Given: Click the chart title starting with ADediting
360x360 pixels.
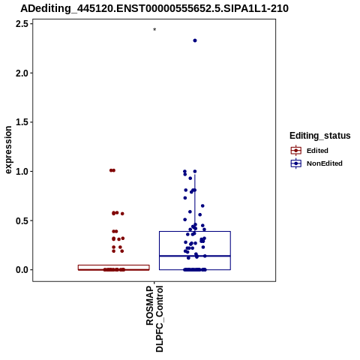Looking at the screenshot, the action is pyautogui.click(x=154, y=8).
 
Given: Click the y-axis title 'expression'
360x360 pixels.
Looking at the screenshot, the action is pyautogui.click(x=8, y=150).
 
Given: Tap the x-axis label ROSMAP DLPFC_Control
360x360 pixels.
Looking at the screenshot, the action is pyautogui.click(x=154, y=319).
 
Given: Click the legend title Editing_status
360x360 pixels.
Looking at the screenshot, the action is pyautogui.click(x=320, y=136).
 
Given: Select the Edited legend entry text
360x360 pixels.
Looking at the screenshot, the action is pyautogui.click(x=317, y=151).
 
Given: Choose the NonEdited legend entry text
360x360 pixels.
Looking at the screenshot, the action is pyautogui.click(x=325, y=163).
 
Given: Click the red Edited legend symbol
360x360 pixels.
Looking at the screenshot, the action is pyautogui.click(x=296, y=151).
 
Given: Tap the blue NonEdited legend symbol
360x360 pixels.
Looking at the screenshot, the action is pyautogui.click(x=296, y=163).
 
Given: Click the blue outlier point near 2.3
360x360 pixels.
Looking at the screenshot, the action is pyautogui.click(x=195, y=40).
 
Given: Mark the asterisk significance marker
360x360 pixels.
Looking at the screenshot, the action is pyautogui.click(x=154, y=29).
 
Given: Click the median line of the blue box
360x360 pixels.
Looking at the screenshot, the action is pyautogui.click(x=195, y=256).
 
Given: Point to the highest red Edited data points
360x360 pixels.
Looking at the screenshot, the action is pyautogui.click(x=112, y=170).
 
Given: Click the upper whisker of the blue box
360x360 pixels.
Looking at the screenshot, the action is pyautogui.click(x=195, y=202).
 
